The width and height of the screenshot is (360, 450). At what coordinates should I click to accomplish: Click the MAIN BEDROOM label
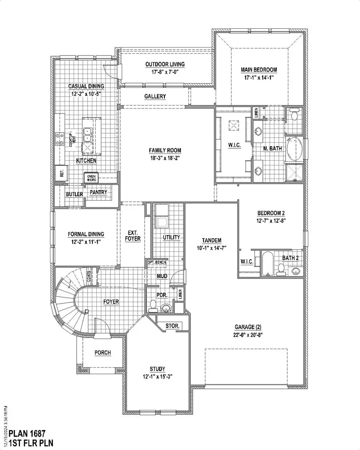pyautogui.click(x=258, y=70)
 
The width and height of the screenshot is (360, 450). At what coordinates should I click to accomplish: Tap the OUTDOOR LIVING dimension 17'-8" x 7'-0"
pyautogui.click(x=165, y=72)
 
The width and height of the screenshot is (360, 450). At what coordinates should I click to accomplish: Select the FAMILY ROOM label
pyautogui.click(x=165, y=151)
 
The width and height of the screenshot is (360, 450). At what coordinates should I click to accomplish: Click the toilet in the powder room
pyautogui.click(x=152, y=306)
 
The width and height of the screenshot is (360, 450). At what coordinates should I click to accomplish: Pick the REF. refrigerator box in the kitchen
pyautogui.click(x=61, y=173)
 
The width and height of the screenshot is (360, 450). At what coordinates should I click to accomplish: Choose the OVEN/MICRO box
pyautogui.click(x=92, y=178)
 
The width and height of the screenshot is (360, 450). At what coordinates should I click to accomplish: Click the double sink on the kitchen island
pyautogui.click(x=87, y=135)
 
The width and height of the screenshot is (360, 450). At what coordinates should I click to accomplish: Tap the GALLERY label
pyautogui.click(x=155, y=97)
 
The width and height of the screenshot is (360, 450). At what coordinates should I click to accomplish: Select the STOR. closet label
pyautogui.click(x=172, y=326)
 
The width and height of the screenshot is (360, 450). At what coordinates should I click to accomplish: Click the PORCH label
pyautogui.click(x=102, y=353)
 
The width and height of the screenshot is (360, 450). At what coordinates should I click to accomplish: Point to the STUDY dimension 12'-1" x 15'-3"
pyautogui.click(x=158, y=376)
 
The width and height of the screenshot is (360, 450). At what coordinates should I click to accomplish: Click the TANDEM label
pyautogui.click(x=210, y=240)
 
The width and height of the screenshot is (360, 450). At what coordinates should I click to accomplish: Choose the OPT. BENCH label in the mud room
pyautogui.click(x=157, y=263)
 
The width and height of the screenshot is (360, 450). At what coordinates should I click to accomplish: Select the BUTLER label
pyautogui.click(x=74, y=195)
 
